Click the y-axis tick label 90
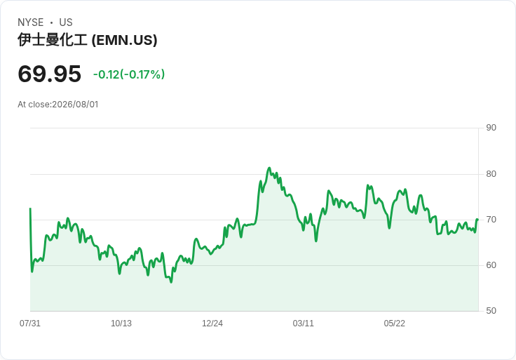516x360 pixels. click(491, 128)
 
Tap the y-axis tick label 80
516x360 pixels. click(491, 174)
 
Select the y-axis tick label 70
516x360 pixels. click(491, 220)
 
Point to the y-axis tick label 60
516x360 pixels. click(491, 265)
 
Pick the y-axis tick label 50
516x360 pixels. click(491, 311)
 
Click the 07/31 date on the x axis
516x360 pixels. click(30, 324)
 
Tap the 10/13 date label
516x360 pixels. click(121, 324)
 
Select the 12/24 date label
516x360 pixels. click(212, 324)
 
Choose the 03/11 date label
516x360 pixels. click(303, 324)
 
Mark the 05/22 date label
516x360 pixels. click(394, 324)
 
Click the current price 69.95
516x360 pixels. click(49, 74)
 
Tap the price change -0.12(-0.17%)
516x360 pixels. click(129, 74)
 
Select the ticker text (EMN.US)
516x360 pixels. click(124, 40)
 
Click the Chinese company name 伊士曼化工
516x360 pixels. click(53, 40)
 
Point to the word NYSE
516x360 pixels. click(31, 22)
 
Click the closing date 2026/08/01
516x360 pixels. click(75, 105)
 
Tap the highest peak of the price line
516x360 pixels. click(269, 168)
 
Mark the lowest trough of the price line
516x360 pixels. click(171, 282)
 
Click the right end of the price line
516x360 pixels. click(477, 220)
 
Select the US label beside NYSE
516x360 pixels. click(66, 22)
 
